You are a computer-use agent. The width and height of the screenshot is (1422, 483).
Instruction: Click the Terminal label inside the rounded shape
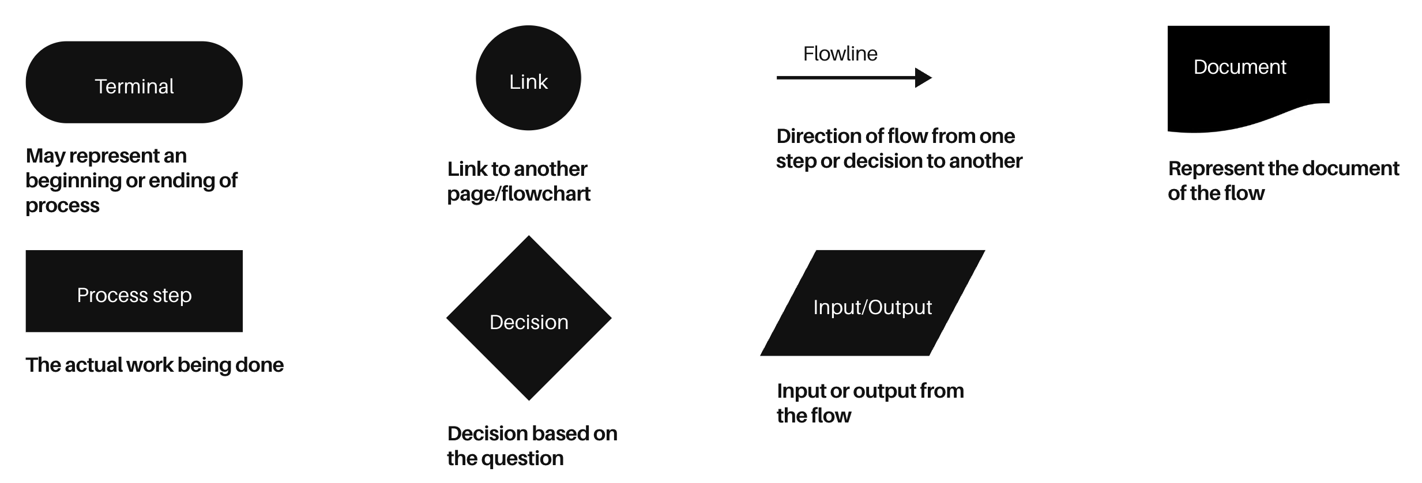click(x=134, y=86)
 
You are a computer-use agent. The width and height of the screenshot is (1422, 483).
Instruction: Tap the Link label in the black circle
click(x=528, y=82)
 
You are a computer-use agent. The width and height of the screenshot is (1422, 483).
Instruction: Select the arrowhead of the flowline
click(x=923, y=77)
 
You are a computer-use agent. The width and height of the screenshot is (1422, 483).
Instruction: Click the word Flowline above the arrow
click(x=840, y=54)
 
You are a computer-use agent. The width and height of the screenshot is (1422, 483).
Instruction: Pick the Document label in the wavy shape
click(x=1239, y=67)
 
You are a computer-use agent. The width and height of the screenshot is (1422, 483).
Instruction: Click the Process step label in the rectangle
click(x=134, y=295)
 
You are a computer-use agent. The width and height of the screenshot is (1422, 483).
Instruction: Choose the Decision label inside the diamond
click(x=528, y=322)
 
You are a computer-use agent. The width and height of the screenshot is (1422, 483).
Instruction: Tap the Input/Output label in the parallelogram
click(x=872, y=307)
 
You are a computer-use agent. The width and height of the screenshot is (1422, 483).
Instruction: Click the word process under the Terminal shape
click(x=62, y=206)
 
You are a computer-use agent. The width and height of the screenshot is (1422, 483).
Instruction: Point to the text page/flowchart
click(x=518, y=194)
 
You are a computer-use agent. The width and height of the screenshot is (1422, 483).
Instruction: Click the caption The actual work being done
click(x=155, y=365)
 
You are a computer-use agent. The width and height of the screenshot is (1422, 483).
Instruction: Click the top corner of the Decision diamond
click(x=529, y=237)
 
